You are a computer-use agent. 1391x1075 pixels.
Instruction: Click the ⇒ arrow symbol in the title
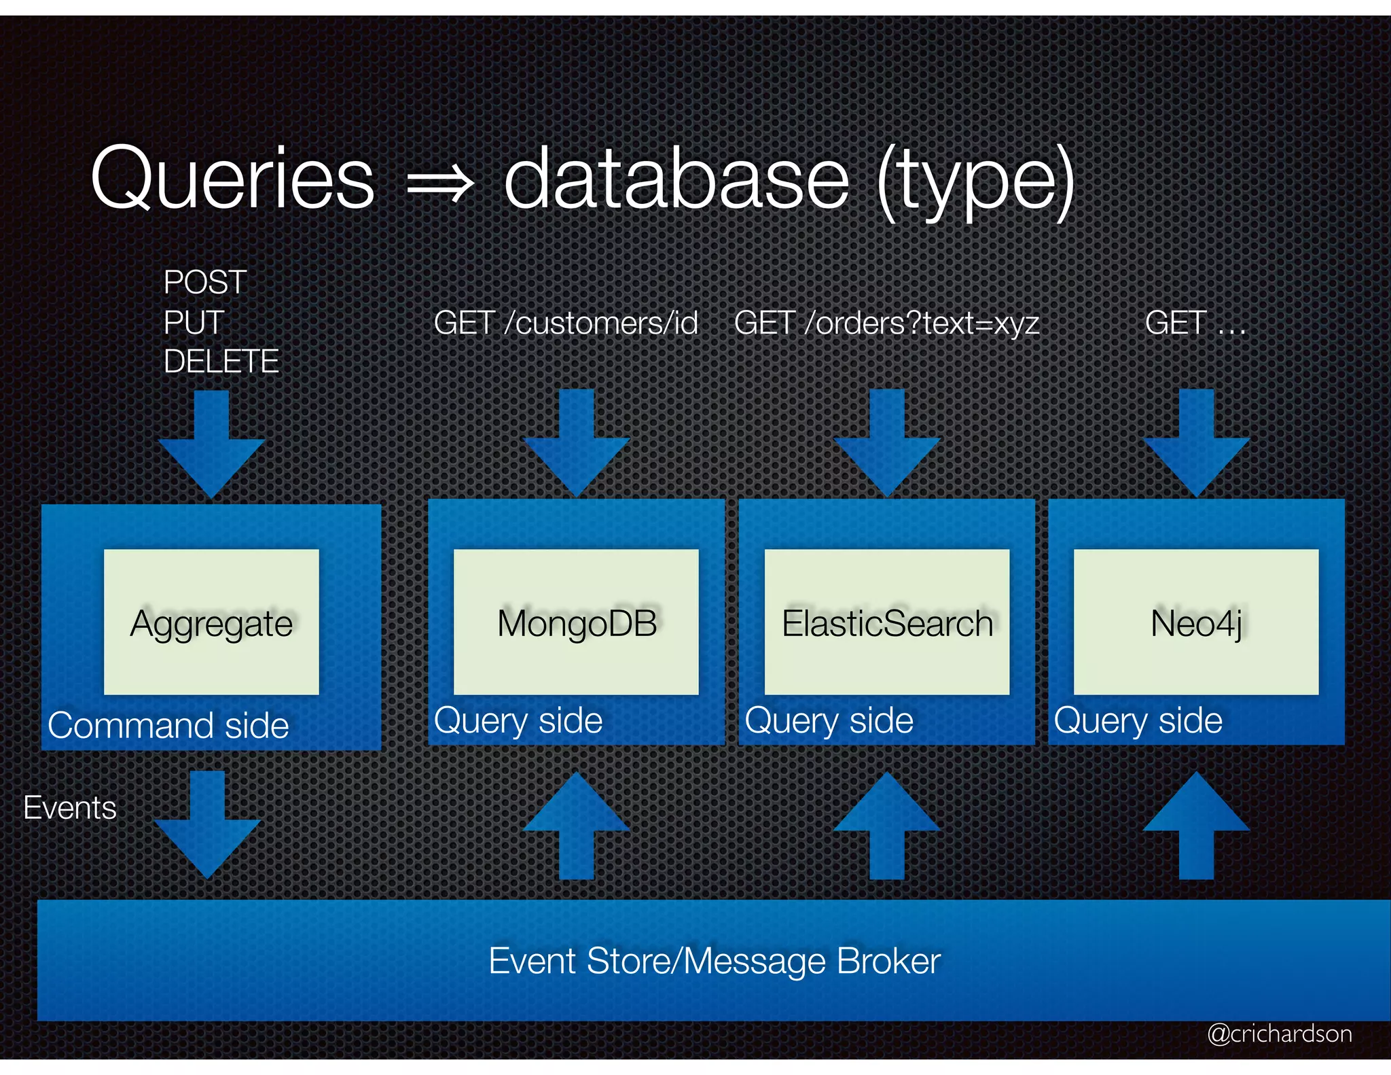tap(439, 183)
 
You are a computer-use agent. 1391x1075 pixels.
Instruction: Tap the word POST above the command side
tap(204, 282)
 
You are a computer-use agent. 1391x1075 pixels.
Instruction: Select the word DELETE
tap(221, 361)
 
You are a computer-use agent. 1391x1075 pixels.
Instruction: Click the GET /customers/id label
tap(566, 323)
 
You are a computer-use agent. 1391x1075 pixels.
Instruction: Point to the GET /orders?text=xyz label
tap(886, 323)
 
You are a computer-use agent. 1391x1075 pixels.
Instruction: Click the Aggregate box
tap(211, 622)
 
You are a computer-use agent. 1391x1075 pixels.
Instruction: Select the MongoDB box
tap(576, 622)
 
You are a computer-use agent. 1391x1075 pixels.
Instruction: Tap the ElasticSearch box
tap(886, 622)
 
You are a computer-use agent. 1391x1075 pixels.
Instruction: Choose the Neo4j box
tap(1195, 622)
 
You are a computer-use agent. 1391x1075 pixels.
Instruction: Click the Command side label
tap(168, 725)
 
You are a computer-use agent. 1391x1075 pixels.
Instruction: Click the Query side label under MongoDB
tap(518, 720)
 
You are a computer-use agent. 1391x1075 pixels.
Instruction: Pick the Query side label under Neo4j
tap(1138, 720)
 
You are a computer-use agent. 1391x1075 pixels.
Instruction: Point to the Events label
tap(70, 808)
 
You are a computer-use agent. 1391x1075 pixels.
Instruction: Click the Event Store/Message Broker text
tap(715, 961)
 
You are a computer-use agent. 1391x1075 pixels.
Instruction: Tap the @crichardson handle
tap(1279, 1034)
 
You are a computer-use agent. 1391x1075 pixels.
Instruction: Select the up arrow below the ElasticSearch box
tap(886, 826)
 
